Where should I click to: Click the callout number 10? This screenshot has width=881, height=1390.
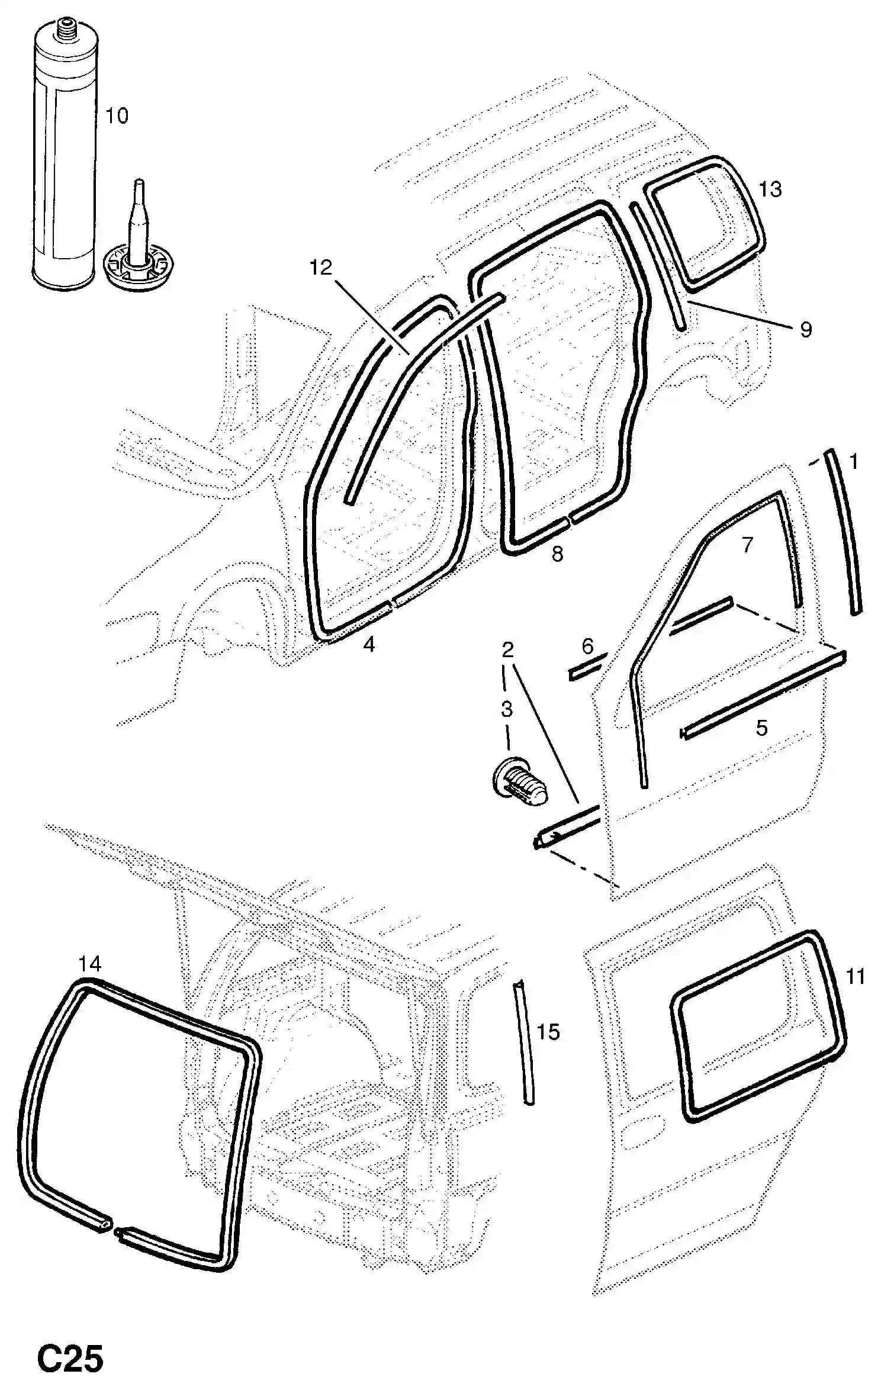point(117,115)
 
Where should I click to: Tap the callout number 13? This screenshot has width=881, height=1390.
point(770,189)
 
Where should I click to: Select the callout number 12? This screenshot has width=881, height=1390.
point(321,268)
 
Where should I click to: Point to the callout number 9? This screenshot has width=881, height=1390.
point(805,330)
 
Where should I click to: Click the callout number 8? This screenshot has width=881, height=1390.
point(557,554)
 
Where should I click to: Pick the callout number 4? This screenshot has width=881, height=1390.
point(369,644)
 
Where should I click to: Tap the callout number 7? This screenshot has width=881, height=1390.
point(747,545)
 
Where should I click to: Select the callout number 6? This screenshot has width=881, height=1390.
point(587,646)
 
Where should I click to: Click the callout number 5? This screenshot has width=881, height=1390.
point(761,728)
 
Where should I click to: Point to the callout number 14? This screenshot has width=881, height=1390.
point(90,964)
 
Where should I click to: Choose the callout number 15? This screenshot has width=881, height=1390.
point(548,1032)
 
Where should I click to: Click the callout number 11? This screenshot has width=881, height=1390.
point(856,976)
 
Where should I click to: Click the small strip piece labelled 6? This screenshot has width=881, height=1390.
point(587,667)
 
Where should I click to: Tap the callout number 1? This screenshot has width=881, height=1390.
point(853,461)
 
